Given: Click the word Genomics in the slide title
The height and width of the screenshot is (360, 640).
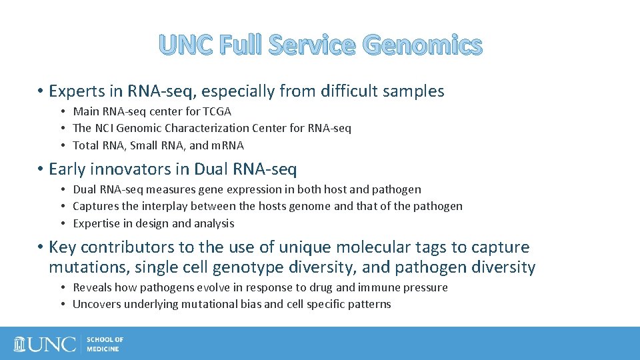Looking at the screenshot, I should click(x=423, y=45).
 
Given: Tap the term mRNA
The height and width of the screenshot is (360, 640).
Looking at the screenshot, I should click(x=227, y=145).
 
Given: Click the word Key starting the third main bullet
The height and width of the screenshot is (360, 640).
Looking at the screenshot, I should click(x=63, y=247).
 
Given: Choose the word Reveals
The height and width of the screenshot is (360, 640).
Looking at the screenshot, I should click(x=92, y=287).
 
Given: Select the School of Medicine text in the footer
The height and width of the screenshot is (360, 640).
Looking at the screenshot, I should click(x=105, y=344).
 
